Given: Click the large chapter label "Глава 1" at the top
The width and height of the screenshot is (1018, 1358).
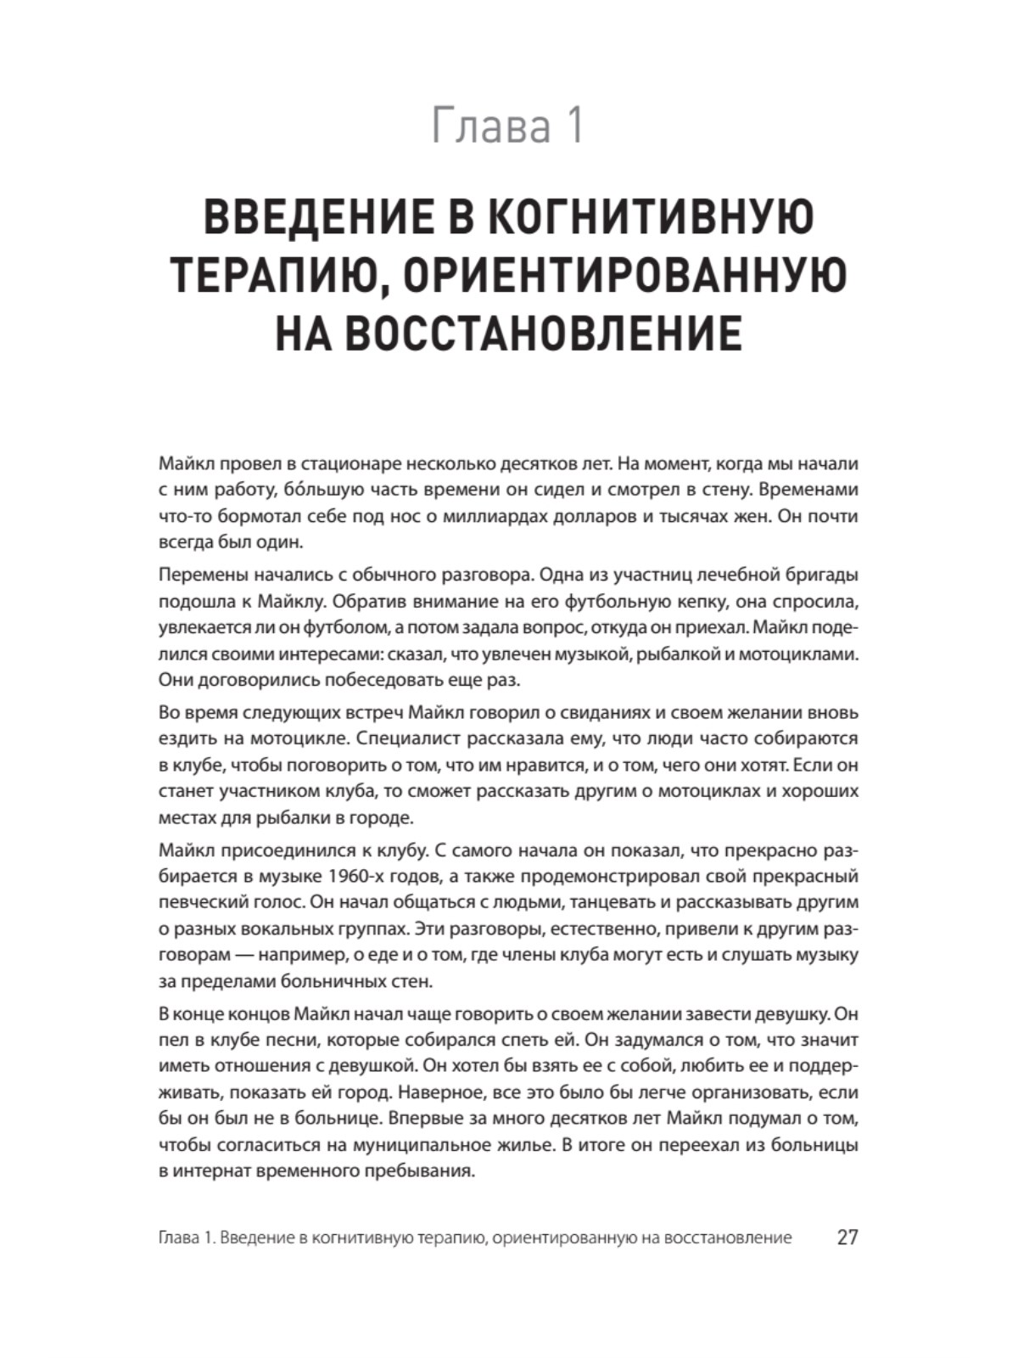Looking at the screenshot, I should tap(507, 126).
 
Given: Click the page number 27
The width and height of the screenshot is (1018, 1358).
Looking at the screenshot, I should tap(847, 1237).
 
